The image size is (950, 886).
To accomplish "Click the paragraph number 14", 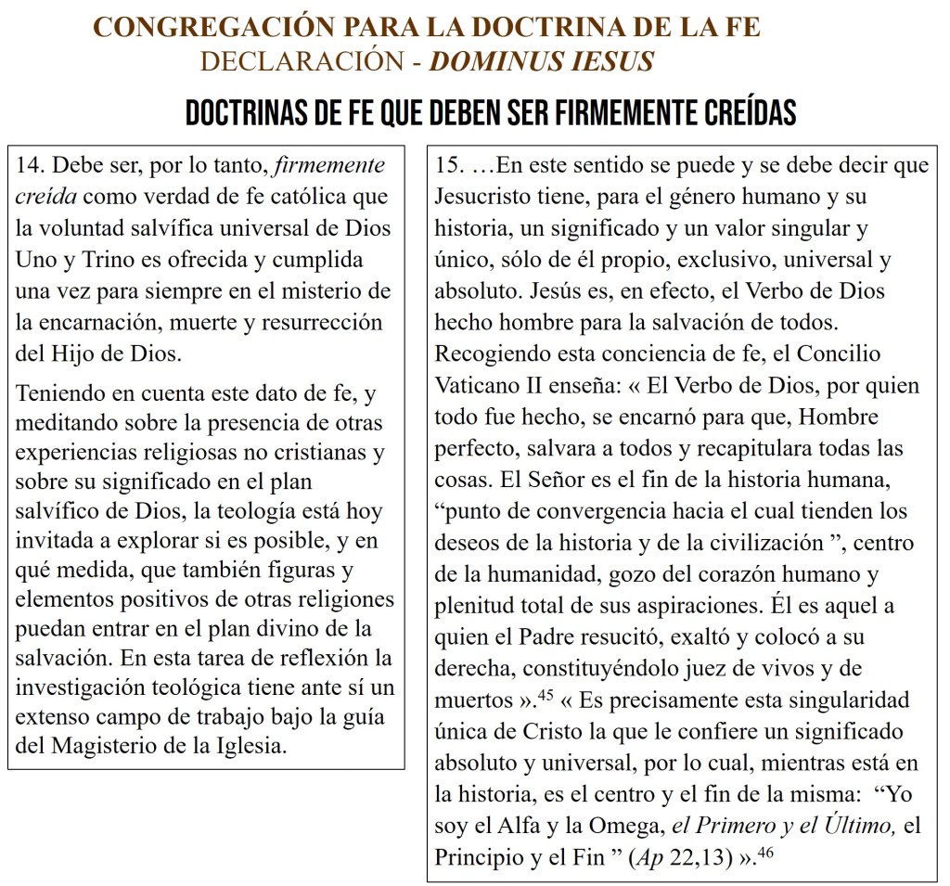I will (x=32, y=166).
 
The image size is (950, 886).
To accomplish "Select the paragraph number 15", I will (x=451, y=166).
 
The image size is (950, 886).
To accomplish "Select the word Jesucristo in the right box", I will (x=485, y=198).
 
